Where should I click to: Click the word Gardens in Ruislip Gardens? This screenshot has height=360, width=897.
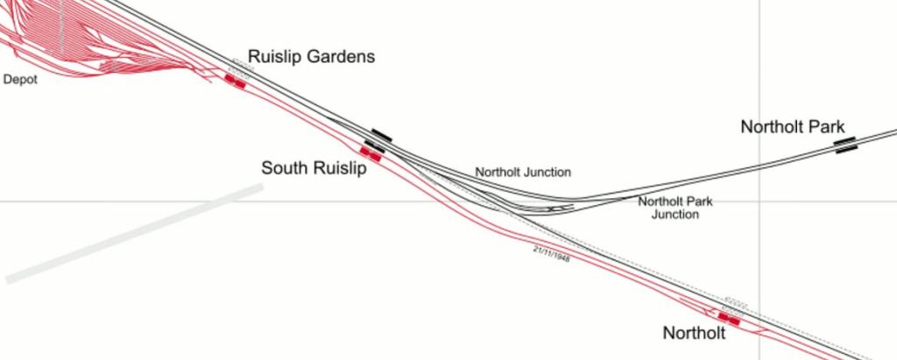335,57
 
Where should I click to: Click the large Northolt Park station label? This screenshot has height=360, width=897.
792,127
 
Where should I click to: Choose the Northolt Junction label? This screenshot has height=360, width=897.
523,173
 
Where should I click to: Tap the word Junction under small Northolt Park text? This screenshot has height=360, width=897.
675,215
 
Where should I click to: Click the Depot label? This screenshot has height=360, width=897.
21,80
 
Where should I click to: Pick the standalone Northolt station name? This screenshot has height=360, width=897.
694,333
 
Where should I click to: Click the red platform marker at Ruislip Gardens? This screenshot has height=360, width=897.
234,81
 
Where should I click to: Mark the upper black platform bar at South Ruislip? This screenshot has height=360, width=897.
381,135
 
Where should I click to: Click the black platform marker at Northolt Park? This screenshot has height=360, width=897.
844,145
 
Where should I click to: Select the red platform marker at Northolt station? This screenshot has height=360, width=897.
728,319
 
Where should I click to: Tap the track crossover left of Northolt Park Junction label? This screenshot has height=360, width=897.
554,209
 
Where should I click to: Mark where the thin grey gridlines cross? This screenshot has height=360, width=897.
759,201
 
